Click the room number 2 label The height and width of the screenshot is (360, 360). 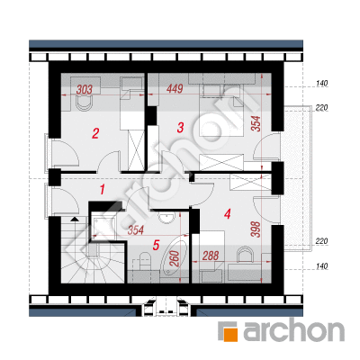(x=95, y=133)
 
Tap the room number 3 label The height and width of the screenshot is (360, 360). (x=180, y=128)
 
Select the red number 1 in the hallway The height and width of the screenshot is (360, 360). (x=103, y=190)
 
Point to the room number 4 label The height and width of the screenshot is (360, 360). (x=227, y=214)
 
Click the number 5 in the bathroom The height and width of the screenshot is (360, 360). (x=156, y=246)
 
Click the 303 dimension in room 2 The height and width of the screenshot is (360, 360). (x=85, y=89)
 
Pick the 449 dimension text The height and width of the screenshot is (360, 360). (x=175, y=89)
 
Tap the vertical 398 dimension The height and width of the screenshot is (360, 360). (x=256, y=229)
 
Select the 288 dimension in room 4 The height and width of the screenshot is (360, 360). (x=211, y=256)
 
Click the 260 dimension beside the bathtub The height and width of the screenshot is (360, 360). (x=175, y=258)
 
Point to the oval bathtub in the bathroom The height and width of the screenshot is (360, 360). (x=175, y=258)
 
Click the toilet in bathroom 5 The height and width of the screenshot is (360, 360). (x=145, y=262)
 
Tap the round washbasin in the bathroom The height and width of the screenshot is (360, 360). (x=166, y=218)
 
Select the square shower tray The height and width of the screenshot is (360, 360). (x=103, y=226)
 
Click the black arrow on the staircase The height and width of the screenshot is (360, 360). (x=74, y=219)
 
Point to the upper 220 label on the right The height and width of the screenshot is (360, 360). (x=321, y=108)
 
